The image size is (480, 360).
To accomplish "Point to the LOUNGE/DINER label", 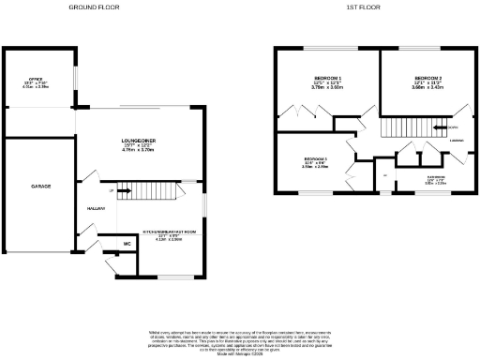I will (x=139, y=142).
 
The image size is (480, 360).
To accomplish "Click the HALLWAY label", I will (x=96, y=208).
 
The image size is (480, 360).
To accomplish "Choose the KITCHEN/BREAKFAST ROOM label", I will (x=169, y=231).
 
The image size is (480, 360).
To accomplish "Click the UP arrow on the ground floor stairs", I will (x=113, y=190).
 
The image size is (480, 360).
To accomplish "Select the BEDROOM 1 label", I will (x=327, y=78).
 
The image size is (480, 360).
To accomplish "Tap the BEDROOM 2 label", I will (x=427, y=78).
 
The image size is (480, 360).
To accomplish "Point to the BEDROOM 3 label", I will (x=316, y=159).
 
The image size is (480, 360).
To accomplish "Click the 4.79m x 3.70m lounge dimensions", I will (x=139, y=153).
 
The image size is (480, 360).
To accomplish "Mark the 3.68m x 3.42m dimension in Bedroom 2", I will (x=427, y=89).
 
